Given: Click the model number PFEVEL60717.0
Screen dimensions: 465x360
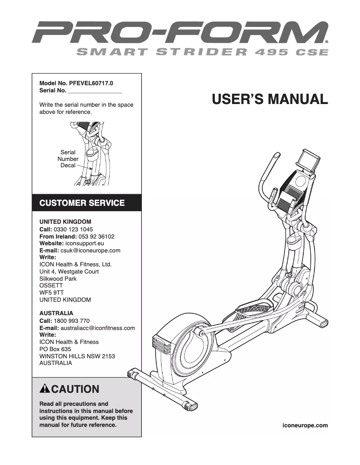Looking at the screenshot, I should (91, 83).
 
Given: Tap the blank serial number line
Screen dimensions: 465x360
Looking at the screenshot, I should (95, 91).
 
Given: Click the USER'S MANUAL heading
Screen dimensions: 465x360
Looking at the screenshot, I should (270, 99).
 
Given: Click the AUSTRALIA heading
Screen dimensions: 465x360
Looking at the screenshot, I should (56, 313).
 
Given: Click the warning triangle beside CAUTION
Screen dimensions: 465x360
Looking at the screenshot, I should (45, 389).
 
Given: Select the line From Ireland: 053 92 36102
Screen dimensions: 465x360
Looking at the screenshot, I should (77, 236).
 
